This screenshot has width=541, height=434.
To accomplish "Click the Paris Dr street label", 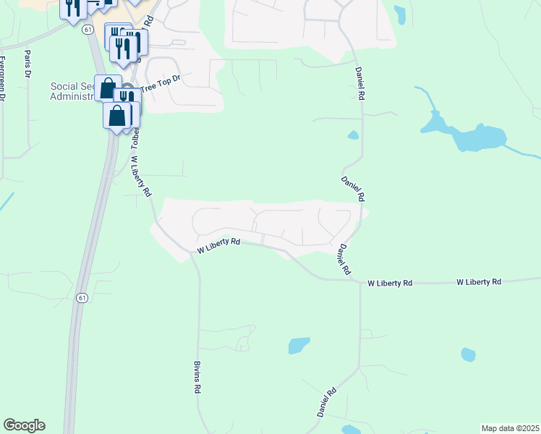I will pos(28,63).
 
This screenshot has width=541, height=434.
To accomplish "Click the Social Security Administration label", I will pos(72,92).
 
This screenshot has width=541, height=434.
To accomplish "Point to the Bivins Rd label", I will pos(197,378).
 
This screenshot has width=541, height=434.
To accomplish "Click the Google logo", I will pos(24,425).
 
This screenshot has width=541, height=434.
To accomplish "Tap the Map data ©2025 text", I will pos(510,428).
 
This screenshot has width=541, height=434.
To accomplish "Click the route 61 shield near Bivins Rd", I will pos(82,298).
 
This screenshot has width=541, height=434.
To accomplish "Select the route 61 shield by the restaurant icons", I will pos(88,29).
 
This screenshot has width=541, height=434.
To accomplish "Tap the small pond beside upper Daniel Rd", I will pos(353,135).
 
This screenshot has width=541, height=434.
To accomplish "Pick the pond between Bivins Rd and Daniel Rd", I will pos(299,345).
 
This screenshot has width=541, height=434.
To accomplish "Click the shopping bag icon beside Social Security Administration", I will pos(108,88).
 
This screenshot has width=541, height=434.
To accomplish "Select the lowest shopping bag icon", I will pos(116,116).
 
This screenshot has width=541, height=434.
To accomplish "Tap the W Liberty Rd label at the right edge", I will pos(479,281).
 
